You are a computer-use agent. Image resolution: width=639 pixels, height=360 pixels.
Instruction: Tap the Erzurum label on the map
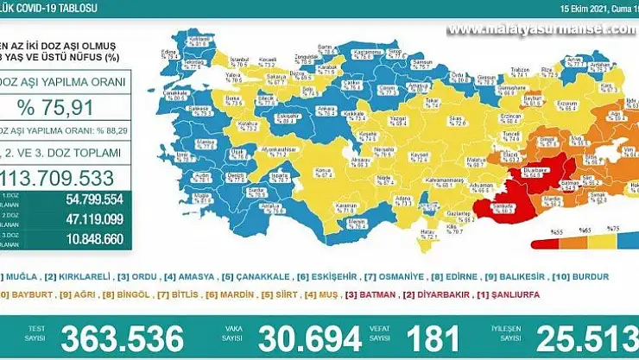click(x=566, y=104)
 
